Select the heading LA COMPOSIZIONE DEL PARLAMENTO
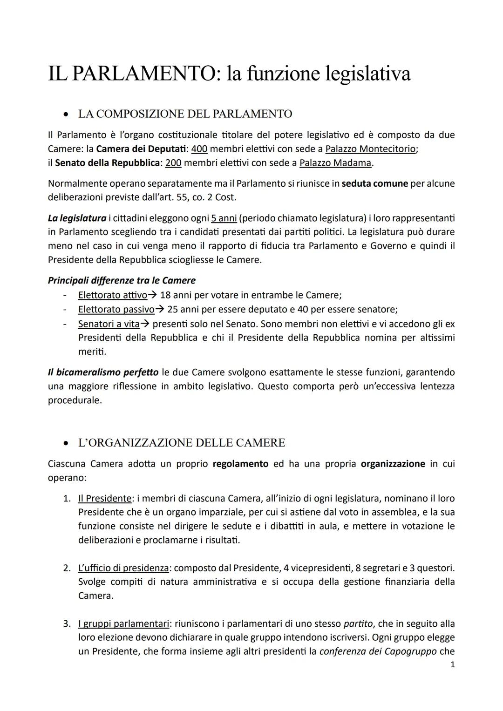point(185,114)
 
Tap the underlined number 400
point(199,149)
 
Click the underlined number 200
point(173,163)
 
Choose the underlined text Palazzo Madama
point(335,163)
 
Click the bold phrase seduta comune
point(375,183)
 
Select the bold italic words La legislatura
point(77,218)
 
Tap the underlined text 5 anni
point(224,218)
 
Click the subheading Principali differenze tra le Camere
point(122,280)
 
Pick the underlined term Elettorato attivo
point(112,295)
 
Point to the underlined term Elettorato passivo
point(116,310)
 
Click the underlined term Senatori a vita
point(109,324)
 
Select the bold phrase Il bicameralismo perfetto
point(103,372)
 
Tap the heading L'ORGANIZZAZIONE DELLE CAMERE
point(181,443)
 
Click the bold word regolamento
point(240,464)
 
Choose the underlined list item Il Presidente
point(104,498)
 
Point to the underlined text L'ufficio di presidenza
point(123,568)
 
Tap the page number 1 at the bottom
point(452,665)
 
